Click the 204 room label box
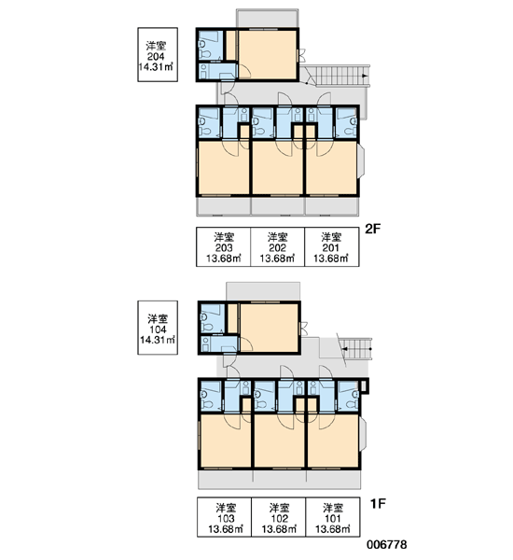158,55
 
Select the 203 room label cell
224,246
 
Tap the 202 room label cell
277,246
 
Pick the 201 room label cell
332,246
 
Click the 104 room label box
158,328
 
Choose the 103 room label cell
225,517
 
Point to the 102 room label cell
279,517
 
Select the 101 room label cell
333,517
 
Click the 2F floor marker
373,229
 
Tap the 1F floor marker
378,504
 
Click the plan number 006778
387,545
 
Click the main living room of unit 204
267,54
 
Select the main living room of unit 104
269,328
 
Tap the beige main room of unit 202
278,168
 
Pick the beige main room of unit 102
280,441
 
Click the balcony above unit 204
267,18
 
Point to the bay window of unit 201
361,161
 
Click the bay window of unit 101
363,434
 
